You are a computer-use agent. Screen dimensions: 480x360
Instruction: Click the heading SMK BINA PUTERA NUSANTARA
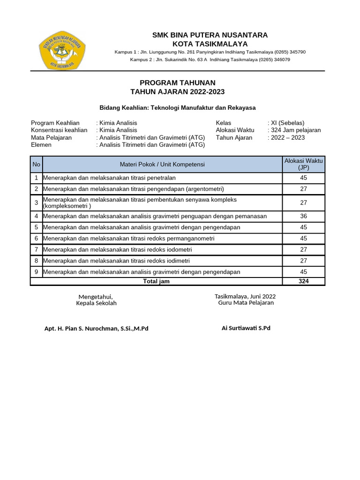[210, 35]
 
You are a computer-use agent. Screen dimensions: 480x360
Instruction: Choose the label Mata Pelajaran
[51, 138]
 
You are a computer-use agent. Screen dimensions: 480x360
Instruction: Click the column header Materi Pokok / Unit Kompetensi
[162, 164]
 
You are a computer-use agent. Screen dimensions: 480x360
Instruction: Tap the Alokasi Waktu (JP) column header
[303, 164]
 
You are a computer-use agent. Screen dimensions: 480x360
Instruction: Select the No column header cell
[37, 164]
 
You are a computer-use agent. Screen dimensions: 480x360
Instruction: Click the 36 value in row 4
[303, 216]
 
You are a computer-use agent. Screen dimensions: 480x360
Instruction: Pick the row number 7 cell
[37, 249]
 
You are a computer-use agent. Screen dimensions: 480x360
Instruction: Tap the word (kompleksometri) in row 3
[67, 206]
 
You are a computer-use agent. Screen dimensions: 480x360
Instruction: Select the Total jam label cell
[157, 281]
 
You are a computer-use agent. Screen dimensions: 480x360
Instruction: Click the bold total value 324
[303, 281]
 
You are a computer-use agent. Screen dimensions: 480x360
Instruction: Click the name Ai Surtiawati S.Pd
[246, 328]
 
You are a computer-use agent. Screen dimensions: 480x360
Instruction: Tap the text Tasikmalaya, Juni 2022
[245, 296]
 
